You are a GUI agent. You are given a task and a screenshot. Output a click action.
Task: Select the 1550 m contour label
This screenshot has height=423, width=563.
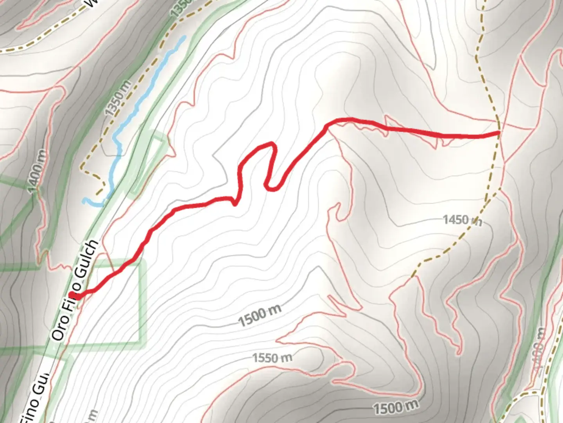[x=272, y=357]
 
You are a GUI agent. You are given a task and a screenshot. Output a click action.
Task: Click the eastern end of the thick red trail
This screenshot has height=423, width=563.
[x=498, y=133]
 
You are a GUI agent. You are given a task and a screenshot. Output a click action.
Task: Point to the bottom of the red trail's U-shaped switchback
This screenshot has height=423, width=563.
[x=272, y=189]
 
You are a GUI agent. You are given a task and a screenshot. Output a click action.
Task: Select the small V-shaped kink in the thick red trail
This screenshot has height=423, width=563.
[x=235, y=204]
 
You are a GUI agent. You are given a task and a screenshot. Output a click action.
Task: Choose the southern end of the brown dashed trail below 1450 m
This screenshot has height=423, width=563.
[x=413, y=277]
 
